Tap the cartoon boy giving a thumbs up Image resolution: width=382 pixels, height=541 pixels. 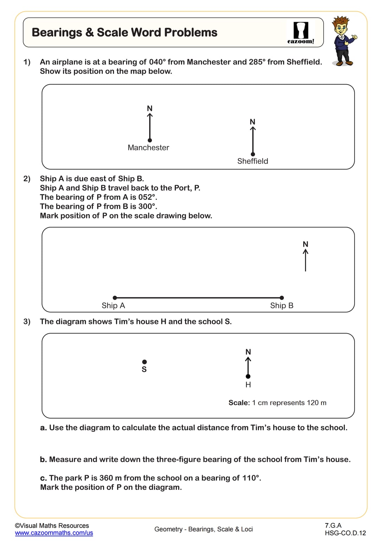[343, 41]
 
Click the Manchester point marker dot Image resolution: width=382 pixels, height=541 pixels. [150, 140]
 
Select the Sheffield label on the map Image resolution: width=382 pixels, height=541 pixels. [253, 161]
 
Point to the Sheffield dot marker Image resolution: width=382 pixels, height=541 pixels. [253, 154]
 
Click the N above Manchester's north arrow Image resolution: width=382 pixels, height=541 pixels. [150, 108]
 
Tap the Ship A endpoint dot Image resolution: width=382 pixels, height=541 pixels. [115, 298]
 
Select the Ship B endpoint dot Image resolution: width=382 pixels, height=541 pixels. [282, 298]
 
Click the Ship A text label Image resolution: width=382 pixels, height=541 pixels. [113, 306]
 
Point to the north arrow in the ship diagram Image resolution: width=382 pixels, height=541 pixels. [305, 260]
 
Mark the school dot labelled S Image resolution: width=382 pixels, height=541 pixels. [144, 362]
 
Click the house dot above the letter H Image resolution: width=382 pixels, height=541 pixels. [248, 377]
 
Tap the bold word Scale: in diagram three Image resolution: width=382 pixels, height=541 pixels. [239, 403]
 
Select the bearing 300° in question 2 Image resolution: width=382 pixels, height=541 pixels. [147, 206]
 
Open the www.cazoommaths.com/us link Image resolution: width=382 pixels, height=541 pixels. [54, 533]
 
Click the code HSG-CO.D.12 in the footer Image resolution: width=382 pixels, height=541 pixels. [345, 533]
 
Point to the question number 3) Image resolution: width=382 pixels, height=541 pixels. [27, 322]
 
